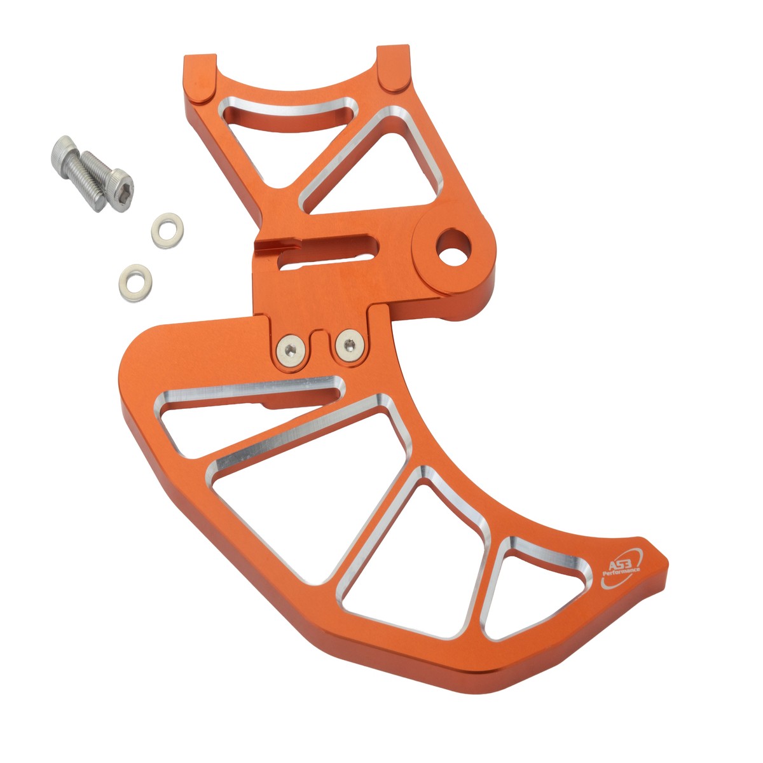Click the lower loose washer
click(135, 282)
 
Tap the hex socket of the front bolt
click(121, 191)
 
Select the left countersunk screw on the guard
click(291, 350)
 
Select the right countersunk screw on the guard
click(350, 344)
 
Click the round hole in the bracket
click(453, 247)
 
